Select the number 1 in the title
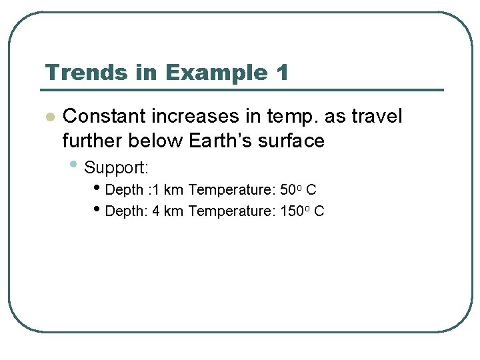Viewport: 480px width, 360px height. point(282,72)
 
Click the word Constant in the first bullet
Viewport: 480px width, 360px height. point(105,117)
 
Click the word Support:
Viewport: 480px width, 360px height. point(116,167)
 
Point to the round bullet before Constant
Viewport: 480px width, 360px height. point(49,117)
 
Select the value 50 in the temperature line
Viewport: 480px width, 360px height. point(287,190)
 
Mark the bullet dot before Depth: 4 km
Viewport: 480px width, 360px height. point(99,210)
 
